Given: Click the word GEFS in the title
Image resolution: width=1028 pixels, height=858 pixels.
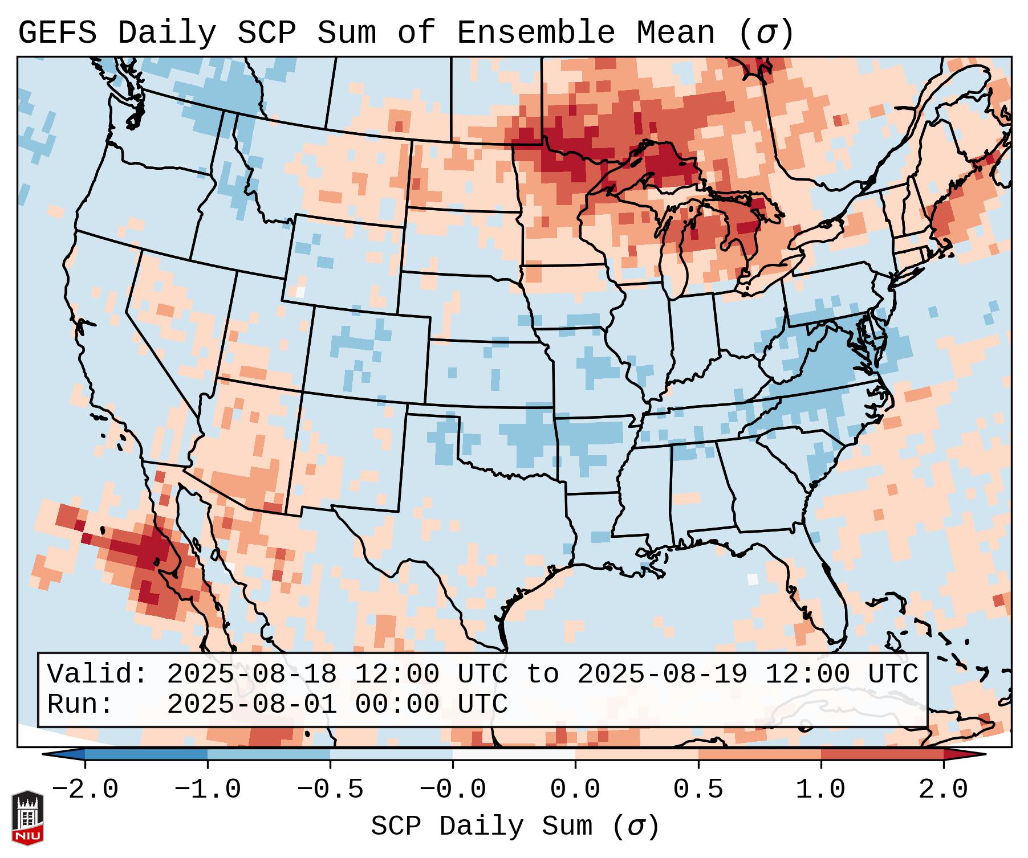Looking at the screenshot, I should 57,33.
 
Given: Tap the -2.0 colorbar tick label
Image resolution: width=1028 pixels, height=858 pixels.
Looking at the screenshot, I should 85,790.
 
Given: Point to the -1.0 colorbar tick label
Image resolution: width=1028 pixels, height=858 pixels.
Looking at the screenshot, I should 208,790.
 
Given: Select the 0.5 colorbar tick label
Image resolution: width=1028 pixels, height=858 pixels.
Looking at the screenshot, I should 698,790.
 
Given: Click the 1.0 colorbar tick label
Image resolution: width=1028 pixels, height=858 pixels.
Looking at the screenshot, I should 820,790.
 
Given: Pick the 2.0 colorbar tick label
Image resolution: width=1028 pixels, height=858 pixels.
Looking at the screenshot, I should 943,790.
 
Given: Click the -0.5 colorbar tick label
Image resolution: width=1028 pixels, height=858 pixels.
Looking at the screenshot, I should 330,790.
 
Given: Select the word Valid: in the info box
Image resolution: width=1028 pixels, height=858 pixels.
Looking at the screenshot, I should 97,674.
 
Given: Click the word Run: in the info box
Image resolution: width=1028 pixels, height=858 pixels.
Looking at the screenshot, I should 80,704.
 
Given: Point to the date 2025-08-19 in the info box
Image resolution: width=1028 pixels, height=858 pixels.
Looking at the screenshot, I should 662,674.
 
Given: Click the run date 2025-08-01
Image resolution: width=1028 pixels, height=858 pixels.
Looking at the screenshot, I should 251,704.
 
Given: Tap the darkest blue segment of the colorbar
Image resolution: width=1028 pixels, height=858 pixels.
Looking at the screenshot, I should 146,754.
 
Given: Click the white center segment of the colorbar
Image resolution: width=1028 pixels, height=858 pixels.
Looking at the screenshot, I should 514,754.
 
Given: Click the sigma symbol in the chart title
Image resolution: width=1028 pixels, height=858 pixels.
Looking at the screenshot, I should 766,33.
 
